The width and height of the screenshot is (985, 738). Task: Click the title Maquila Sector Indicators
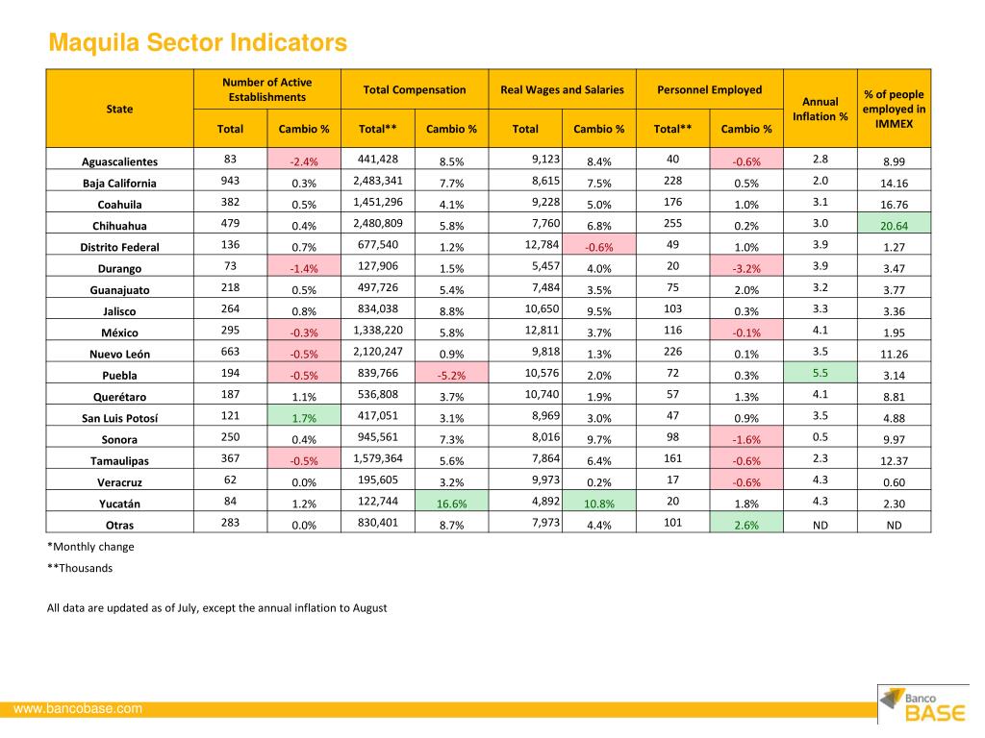click(198, 42)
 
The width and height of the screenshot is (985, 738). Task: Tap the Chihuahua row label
click(119, 226)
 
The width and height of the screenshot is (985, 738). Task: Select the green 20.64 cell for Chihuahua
click(894, 223)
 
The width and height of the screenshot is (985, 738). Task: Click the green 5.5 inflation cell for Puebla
click(821, 373)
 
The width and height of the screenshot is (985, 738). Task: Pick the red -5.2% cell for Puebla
click(452, 373)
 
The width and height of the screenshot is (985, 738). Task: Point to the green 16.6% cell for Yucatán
click(452, 501)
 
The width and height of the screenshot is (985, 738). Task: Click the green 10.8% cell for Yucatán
click(599, 501)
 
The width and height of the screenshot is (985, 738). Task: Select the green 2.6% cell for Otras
click(746, 522)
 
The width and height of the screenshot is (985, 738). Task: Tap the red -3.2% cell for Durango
click(746, 266)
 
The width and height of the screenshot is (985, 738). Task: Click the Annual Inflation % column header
click(821, 109)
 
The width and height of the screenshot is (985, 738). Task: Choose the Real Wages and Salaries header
click(562, 89)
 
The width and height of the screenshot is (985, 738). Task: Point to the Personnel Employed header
click(710, 89)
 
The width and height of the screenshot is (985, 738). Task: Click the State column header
click(119, 109)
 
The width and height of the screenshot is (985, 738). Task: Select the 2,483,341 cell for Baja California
click(377, 181)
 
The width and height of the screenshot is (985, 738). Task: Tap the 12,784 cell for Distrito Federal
click(542, 244)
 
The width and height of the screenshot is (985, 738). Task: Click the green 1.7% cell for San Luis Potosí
click(304, 415)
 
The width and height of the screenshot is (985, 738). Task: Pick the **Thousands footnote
click(80, 568)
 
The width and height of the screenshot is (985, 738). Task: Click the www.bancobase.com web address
click(78, 708)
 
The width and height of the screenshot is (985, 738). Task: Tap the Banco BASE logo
click(923, 704)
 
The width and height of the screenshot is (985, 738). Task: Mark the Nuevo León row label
click(119, 354)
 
